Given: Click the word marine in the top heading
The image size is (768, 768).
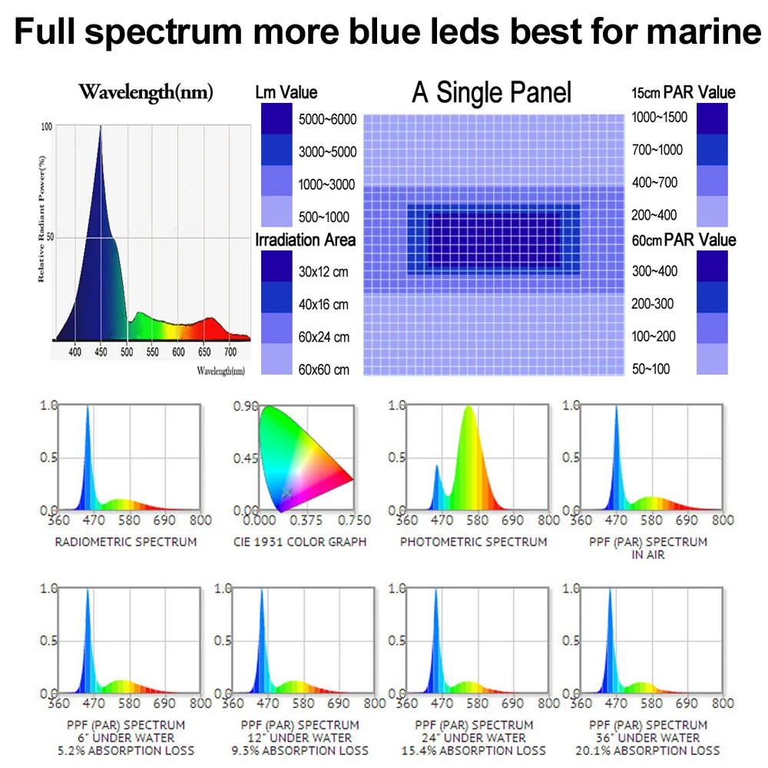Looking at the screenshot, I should [695, 32].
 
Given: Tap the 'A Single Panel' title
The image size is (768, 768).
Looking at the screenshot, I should [492, 93].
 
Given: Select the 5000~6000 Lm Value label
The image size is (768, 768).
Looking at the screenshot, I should [327, 119].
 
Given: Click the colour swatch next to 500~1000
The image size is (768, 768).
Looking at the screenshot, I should [276, 210].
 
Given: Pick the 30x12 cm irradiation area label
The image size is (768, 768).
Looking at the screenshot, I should [323, 272].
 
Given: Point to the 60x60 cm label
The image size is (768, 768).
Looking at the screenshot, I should [323, 369].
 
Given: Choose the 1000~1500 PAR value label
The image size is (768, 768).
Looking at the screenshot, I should [660, 118].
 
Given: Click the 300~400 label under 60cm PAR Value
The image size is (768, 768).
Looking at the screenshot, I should [654, 271].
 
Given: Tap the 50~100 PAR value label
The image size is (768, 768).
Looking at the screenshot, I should [650, 369].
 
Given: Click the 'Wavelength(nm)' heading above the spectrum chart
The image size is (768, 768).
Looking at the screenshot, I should [146, 93].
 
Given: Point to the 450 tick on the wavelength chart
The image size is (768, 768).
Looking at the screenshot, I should [101, 352].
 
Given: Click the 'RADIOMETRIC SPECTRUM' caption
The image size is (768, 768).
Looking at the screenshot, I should [126, 541].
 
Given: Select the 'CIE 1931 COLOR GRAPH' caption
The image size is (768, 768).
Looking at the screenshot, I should [300, 541].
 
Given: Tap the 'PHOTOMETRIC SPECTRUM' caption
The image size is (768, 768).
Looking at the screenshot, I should [474, 541].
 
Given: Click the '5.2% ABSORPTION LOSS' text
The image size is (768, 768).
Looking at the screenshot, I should [126, 750].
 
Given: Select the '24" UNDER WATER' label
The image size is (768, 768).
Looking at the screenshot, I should [474, 737].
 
